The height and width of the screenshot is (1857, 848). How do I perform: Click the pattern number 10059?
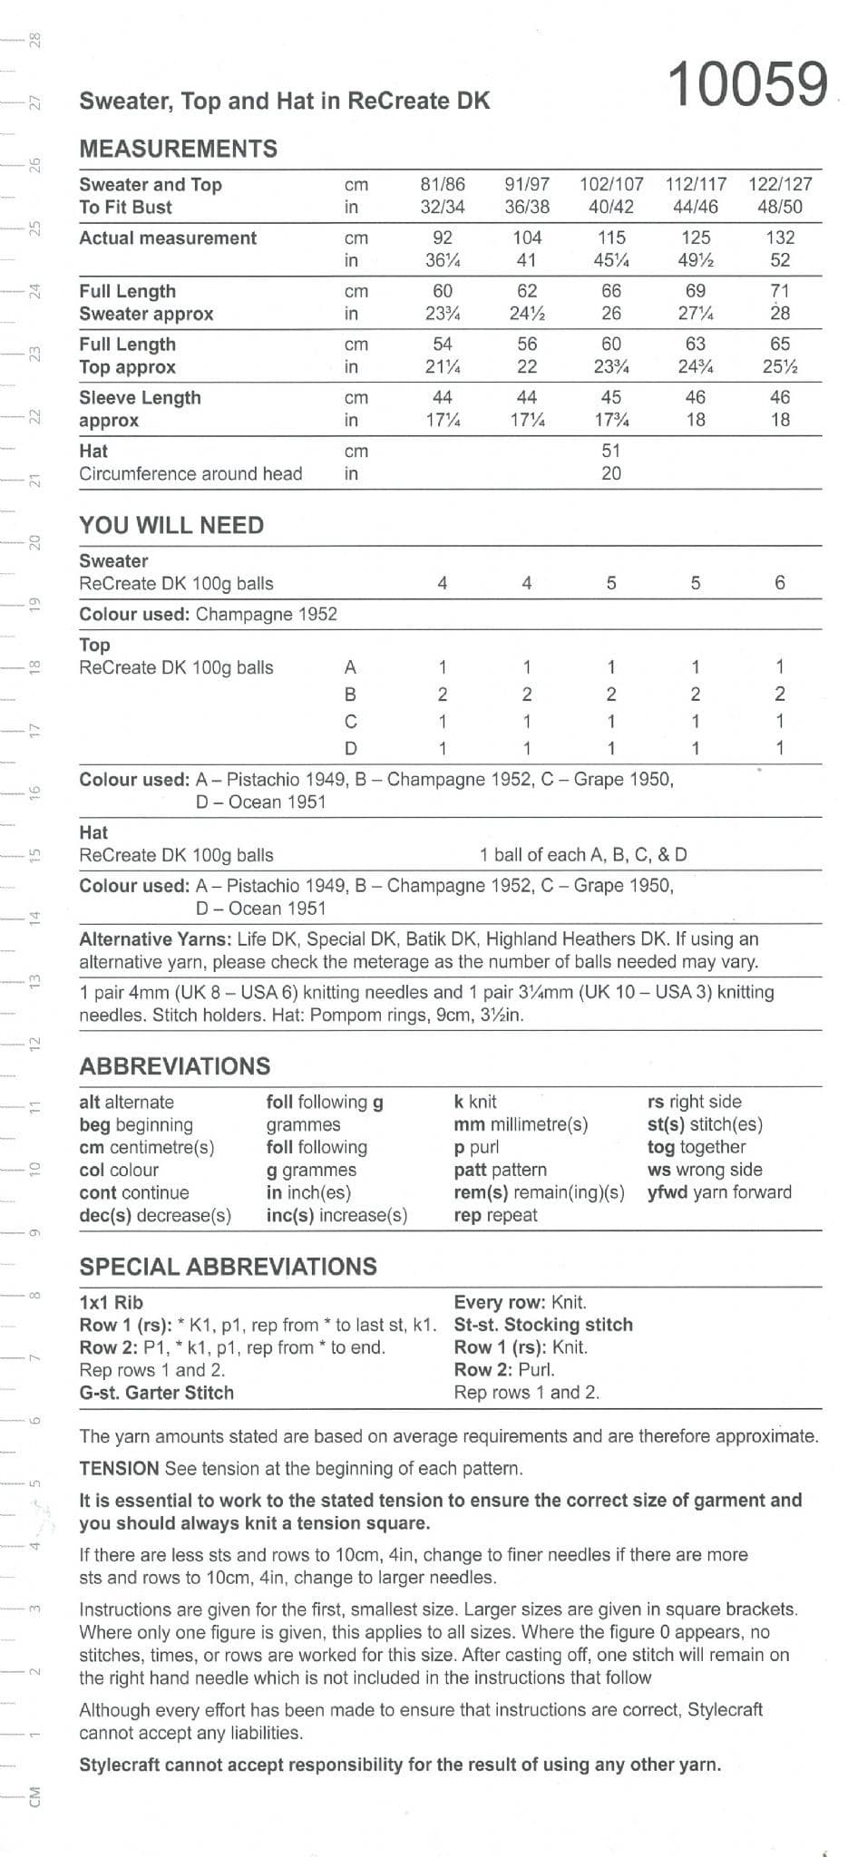pyautogui.click(x=747, y=84)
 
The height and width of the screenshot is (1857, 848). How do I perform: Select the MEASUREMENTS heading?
pyautogui.click(x=178, y=149)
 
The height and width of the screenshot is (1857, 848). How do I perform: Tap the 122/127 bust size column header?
pyautogui.click(x=780, y=183)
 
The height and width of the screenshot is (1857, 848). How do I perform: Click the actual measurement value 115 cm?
pyautogui.click(x=611, y=238)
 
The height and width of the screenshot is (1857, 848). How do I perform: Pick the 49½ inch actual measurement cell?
pyautogui.click(x=696, y=260)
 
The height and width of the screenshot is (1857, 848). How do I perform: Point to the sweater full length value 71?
pyautogui.click(x=780, y=291)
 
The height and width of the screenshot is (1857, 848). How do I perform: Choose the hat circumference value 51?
pyautogui.click(x=611, y=451)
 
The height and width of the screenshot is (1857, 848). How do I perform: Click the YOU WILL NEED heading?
pyautogui.click(x=171, y=525)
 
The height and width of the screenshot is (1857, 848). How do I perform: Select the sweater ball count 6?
pyautogui.click(x=780, y=583)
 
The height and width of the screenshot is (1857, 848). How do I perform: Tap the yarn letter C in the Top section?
pyautogui.click(x=351, y=722)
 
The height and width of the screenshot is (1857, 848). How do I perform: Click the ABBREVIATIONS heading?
pyautogui.click(x=175, y=1066)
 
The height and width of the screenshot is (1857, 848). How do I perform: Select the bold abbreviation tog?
pyautogui.click(x=661, y=1147)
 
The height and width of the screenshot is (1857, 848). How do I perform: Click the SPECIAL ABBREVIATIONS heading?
pyautogui.click(x=228, y=1267)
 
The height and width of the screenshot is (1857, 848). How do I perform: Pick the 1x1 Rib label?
pyautogui.click(x=111, y=1302)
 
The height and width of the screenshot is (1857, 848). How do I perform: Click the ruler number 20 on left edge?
pyautogui.click(x=34, y=542)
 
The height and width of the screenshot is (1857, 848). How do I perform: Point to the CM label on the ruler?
pyautogui.click(x=34, y=1797)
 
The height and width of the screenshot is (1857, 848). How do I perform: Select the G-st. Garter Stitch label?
pyautogui.click(x=156, y=1393)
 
